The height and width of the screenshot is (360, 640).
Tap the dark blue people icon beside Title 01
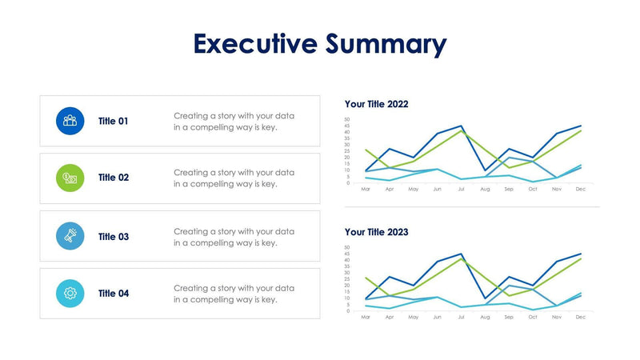tap(70, 121)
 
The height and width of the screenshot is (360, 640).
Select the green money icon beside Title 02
tap(70, 178)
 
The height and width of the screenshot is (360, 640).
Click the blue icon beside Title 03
tap(70, 236)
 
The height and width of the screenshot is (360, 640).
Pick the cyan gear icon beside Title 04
tap(70, 294)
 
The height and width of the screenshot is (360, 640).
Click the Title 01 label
tap(113, 122)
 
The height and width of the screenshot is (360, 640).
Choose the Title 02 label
tap(113, 178)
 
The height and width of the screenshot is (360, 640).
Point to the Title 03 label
tap(113, 237)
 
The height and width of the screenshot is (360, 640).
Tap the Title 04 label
tap(113, 294)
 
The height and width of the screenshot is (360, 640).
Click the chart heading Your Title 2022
tap(376, 104)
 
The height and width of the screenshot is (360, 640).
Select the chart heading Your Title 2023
tap(376, 232)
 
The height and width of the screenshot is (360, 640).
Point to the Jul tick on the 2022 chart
tap(461, 190)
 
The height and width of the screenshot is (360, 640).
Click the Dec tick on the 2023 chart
tap(581, 318)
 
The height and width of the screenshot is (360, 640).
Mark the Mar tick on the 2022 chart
tap(366, 190)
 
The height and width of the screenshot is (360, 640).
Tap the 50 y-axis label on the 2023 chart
tap(347, 247)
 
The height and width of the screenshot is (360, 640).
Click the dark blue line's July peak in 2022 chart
tap(461, 126)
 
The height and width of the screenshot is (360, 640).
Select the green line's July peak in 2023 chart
tap(461, 258)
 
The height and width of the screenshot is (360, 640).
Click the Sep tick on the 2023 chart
tap(509, 318)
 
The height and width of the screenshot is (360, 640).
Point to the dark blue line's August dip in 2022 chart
tap(485, 170)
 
